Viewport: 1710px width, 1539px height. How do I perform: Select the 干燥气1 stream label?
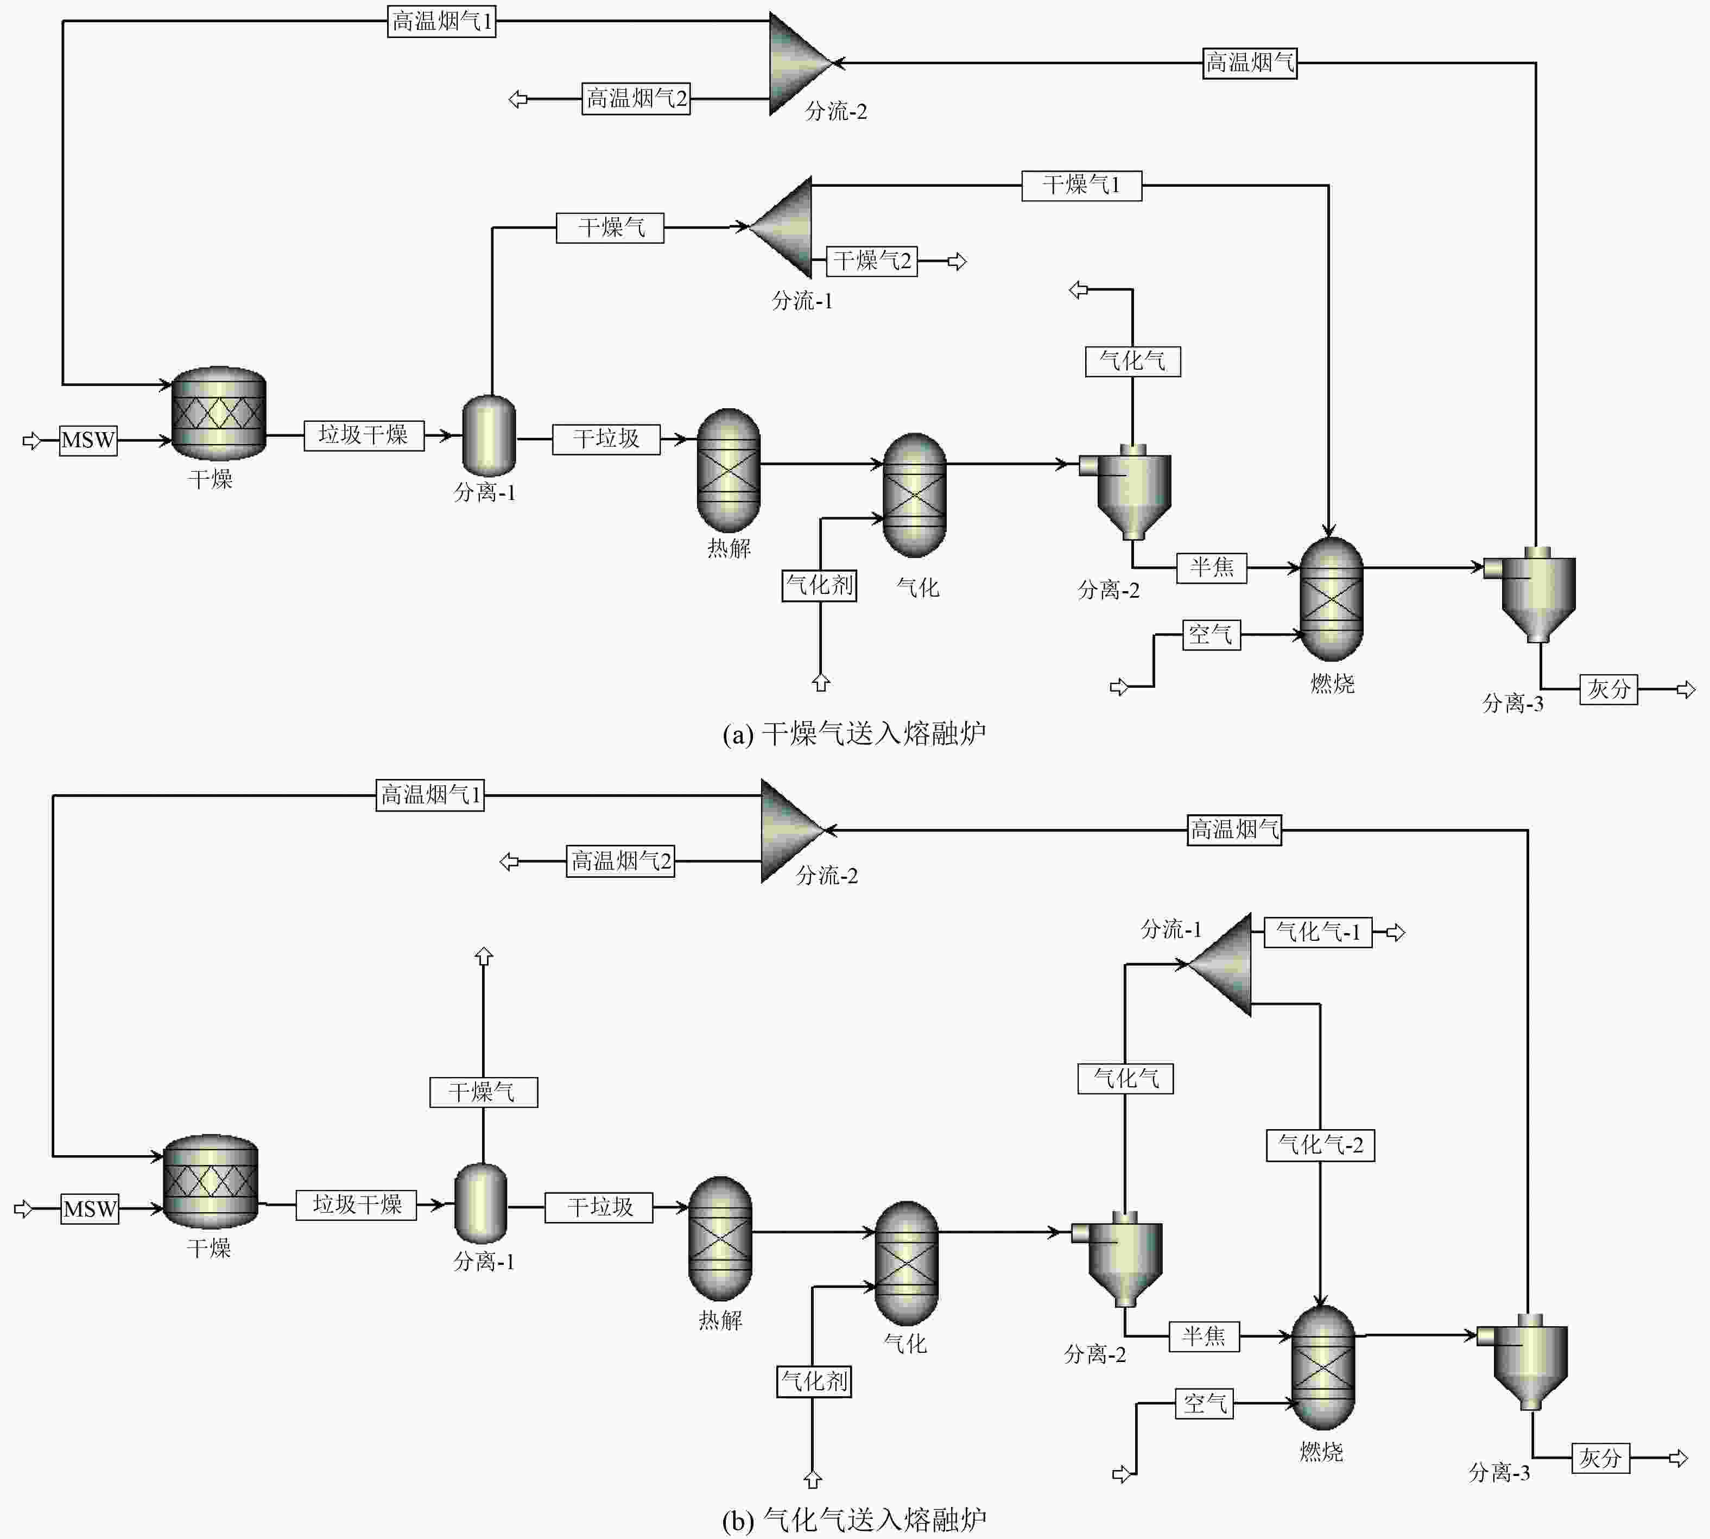[1082, 185]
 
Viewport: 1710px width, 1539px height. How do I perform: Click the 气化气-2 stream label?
[1320, 1145]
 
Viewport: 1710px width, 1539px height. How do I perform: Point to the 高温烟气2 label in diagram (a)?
[636, 98]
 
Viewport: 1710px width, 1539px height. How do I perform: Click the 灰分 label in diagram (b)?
[1600, 1458]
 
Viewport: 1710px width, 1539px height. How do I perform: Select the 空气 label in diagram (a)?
[1211, 634]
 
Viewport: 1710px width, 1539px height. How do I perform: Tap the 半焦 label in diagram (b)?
[1204, 1336]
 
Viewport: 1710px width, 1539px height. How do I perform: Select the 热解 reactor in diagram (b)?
[720, 1238]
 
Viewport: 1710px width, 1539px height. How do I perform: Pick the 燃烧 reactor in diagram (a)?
[1331, 599]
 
